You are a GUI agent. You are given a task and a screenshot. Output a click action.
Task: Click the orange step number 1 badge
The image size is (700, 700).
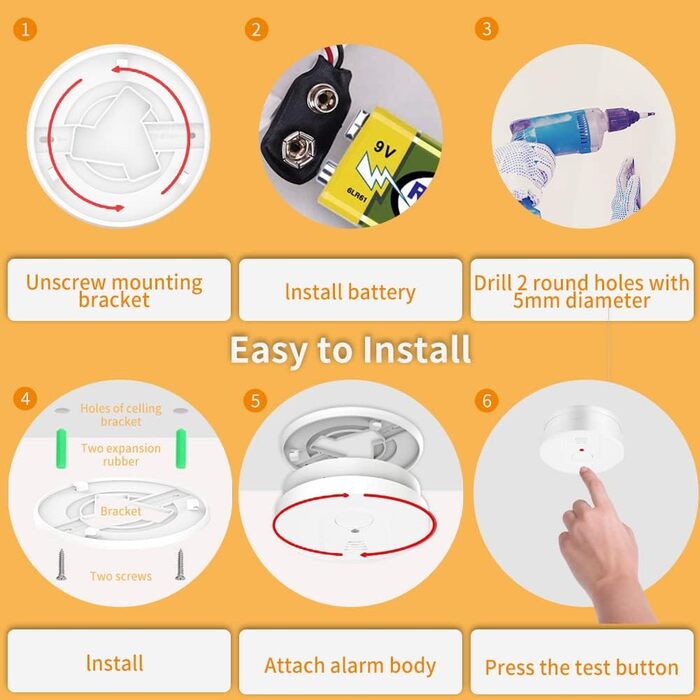tap(25, 29)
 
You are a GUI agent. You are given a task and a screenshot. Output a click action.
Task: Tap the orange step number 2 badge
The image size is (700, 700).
tap(256, 29)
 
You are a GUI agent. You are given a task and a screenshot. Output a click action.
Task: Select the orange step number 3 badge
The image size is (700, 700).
tap(487, 29)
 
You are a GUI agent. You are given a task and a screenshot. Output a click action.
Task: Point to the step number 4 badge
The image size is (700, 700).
tap(25, 398)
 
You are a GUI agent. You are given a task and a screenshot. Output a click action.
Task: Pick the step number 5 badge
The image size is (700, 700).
tap(255, 400)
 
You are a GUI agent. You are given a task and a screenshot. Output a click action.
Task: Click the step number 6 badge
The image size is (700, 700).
tap(487, 400)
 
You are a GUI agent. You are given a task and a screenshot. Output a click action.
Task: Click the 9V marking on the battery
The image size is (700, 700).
tap(384, 150)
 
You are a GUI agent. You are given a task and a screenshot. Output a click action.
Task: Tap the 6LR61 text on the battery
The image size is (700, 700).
tap(357, 195)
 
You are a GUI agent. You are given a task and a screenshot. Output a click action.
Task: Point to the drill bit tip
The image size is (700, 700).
tap(653, 114)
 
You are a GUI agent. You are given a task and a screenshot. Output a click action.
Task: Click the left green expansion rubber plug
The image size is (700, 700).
tap(61, 448)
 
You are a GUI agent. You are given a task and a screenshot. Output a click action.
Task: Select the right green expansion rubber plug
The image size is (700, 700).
tap(181, 448)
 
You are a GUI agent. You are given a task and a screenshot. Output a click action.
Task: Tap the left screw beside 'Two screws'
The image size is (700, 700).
tap(62, 565)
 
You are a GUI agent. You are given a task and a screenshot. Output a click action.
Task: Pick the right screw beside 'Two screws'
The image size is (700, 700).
tap(180, 565)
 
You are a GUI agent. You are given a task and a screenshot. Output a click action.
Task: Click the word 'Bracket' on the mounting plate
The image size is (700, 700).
tap(121, 511)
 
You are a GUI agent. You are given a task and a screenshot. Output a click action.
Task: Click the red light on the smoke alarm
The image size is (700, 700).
tap(581, 450)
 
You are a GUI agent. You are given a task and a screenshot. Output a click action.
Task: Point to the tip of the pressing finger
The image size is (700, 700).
tap(584, 470)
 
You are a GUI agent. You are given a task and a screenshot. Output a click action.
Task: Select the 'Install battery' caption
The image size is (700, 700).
tap(350, 292)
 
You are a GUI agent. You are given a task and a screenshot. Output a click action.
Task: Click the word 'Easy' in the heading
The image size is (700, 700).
tap(269, 350)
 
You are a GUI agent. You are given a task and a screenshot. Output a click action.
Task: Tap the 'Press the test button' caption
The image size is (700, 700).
tap(582, 668)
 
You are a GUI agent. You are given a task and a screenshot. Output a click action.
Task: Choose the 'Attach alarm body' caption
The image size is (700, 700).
tap(350, 666)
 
